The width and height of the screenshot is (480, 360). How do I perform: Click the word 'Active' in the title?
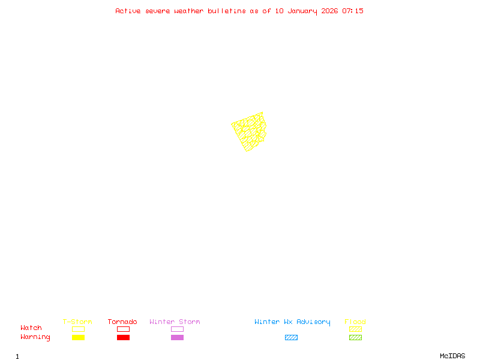point(128,11)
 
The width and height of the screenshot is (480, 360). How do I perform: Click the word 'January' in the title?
point(302,11)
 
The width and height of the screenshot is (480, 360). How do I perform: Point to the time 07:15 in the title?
point(353,11)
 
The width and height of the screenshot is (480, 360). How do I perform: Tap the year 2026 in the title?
point(329,11)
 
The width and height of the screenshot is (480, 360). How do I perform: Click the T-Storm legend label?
point(77,322)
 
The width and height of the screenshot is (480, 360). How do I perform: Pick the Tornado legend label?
point(122,322)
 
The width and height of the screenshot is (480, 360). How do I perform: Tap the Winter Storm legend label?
point(175,322)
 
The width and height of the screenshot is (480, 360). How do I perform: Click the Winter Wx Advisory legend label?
point(292,322)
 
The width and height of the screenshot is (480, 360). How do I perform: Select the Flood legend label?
point(355,322)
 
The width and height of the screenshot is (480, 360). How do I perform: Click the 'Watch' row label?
point(31,328)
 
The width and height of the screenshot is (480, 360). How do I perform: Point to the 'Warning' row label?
point(35,337)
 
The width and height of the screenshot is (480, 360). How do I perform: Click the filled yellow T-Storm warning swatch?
point(78,338)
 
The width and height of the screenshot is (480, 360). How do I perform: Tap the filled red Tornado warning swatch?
point(123,338)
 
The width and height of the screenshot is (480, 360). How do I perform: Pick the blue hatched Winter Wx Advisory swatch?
point(291,338)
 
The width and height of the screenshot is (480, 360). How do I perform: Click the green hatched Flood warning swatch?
point(355,338)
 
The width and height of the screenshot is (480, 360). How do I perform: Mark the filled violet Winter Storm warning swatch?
point(177,338)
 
